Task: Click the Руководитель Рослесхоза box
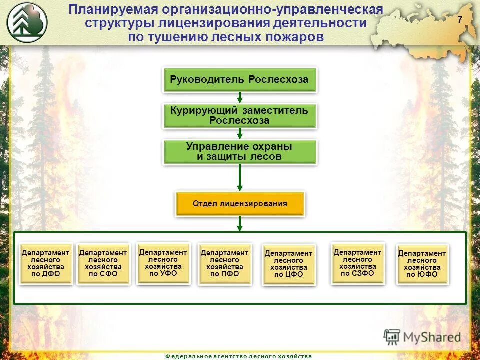(239, 80)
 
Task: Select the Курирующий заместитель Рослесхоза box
(239, 116)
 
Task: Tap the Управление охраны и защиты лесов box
(239, 152)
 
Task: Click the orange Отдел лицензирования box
(240, 204)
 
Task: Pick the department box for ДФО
(46, 263)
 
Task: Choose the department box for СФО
(103, 263)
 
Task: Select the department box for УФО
(163, 263)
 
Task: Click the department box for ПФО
(224, 263)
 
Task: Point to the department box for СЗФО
(357, 263)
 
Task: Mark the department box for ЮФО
(422, 264)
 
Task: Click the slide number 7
(460, 20)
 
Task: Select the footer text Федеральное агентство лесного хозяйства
(238, 356)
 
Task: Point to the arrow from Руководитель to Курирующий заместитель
(240, 98)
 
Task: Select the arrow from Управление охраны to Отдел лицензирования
(240, 177)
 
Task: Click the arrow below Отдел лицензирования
(240, 223)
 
